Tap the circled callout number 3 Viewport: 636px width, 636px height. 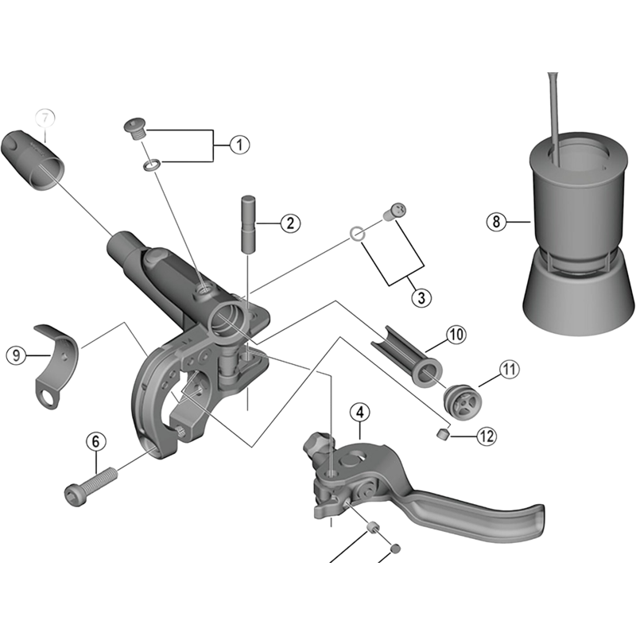(x=421, y=298)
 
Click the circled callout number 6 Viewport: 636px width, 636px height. (x=95, y=440)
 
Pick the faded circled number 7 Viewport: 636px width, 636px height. (x=45, y=118)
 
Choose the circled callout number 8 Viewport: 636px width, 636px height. (x=496, y=222)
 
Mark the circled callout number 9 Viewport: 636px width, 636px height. (x=17, y=355)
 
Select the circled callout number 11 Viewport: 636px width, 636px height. (x=509, y=369)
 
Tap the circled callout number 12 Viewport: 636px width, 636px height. (x=487, y=435)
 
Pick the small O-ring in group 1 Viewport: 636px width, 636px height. (x=150, y=166)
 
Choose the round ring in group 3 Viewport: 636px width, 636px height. (x=358, y=234)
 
